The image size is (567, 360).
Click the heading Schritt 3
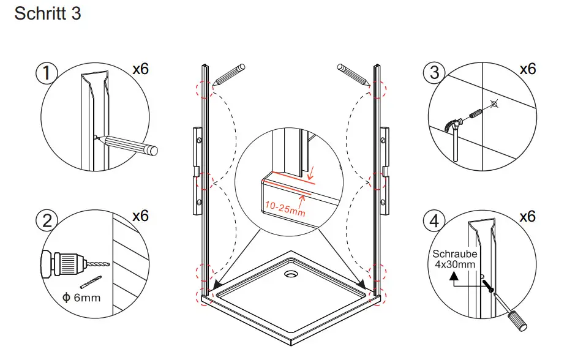(x=47, y=14)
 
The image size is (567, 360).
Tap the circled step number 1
(x=47, y=73)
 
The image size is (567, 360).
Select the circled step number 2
(x=47, y=221)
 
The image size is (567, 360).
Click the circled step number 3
(x=434, y=73)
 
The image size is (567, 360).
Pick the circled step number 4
(x=434, y=221)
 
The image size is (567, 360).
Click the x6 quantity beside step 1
(x=141, y=69)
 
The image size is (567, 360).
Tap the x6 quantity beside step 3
(x=528, y=69)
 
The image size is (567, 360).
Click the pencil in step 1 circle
(x=129, y=144)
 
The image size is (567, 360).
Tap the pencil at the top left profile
(x=229, y=73)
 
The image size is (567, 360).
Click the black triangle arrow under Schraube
(x=454, y=276)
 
